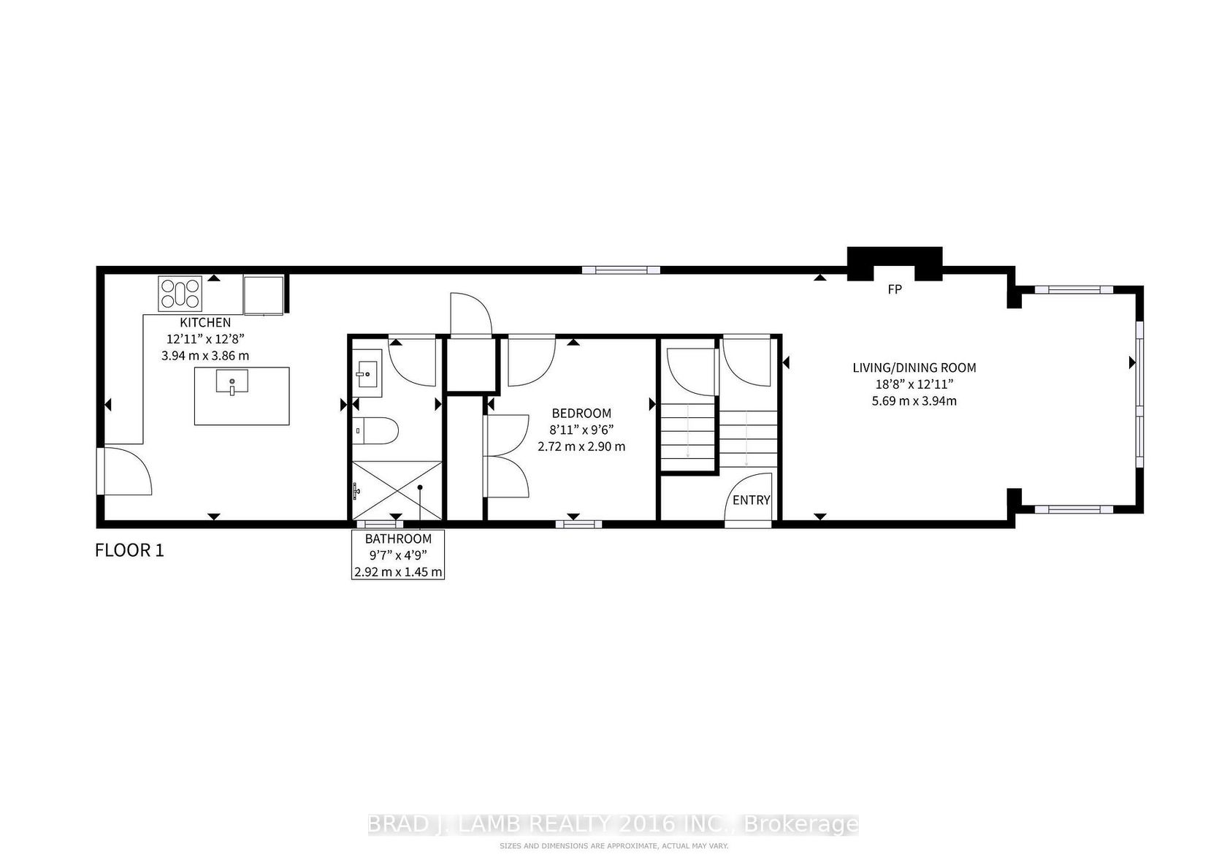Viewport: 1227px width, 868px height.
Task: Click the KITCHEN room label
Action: pyautogui.click(x=205, y=323)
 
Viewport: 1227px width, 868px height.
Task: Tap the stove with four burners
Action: pyautogui.click(x=180, y=294)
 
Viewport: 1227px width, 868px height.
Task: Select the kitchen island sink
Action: pyautogui.click(x=232, y=382)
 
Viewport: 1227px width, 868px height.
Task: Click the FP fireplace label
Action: pyautogui.click(x=895, y=289)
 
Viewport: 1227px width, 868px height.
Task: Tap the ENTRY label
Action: pyautogui.click(x=752, y=500)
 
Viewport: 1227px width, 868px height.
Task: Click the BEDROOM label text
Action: pyautogui.click(x=581, y=414)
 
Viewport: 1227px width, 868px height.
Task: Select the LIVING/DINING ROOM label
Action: pyautogui.click(x=914, y=368)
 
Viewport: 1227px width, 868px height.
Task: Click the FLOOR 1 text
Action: pyautogui.click(x=129, y=550)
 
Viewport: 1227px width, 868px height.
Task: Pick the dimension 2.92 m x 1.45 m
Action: pyautogui.click(x=398, y=572)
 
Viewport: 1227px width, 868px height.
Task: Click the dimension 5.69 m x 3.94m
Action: pyautogui.click(x=914, y=400)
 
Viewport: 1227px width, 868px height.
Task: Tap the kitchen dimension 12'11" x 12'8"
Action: pyautogui.click(x=205, y=339)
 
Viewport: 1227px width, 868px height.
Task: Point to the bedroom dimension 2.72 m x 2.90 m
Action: pyautogui.click(x=581, y=446)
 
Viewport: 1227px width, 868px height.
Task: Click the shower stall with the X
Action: pyautogui.click(x=397, y=490)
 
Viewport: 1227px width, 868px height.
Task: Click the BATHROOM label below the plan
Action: pyautogui.click(x=398, y=538)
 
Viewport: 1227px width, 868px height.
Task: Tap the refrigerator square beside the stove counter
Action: pyautogui.click(x=264, y=295)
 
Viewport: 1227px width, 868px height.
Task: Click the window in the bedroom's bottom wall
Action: pyautogui.click(x=578, y=525)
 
